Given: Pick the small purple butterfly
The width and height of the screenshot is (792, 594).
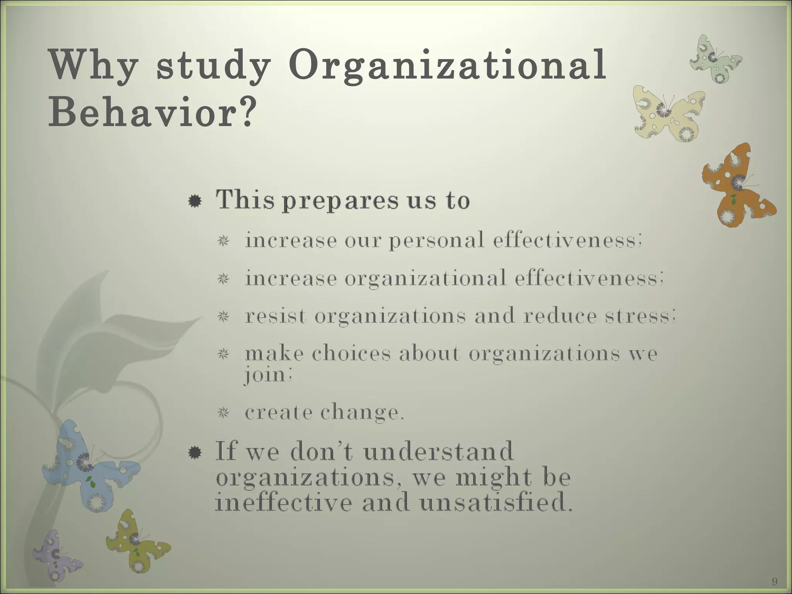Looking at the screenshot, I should (x=56, y=555).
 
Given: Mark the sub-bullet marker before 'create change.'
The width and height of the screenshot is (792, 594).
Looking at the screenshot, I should (x=223, y=413).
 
